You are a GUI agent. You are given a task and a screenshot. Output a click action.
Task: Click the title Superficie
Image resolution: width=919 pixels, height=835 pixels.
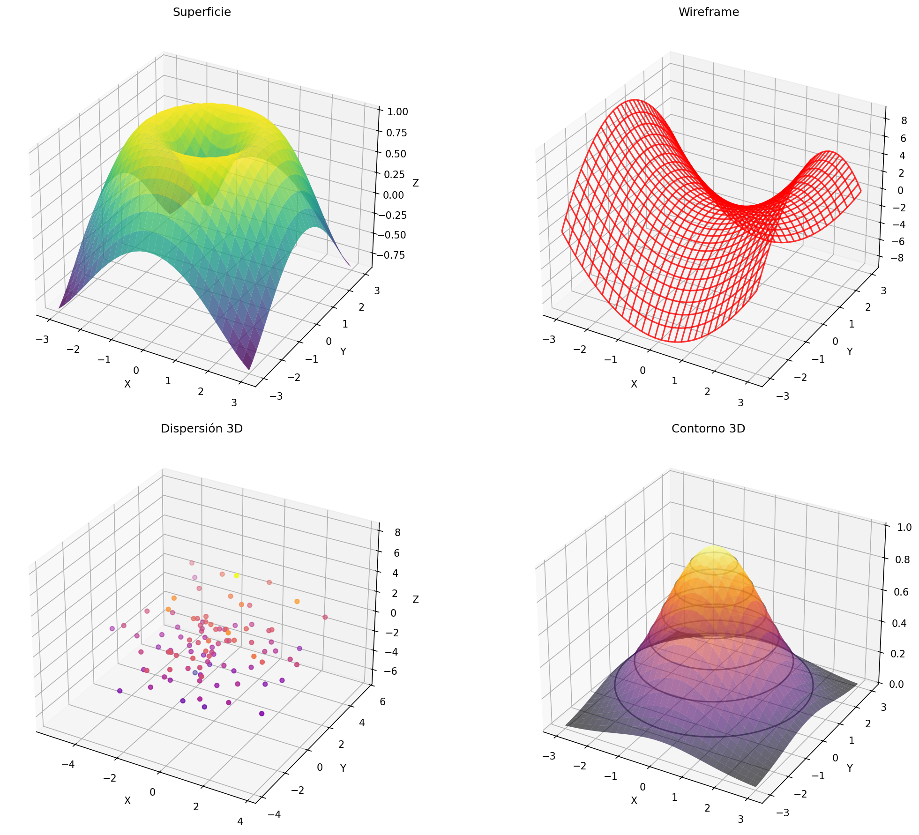coord(202,13)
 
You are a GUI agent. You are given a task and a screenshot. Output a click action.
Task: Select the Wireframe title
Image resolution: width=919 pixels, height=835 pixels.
coord(708,13)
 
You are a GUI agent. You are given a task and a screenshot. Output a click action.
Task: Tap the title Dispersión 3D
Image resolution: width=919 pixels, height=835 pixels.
coord(202,429)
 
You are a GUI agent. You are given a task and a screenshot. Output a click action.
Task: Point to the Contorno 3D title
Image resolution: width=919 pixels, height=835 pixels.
coord(708,429)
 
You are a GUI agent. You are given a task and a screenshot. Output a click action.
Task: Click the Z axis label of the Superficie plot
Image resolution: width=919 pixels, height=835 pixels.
coord(416,183)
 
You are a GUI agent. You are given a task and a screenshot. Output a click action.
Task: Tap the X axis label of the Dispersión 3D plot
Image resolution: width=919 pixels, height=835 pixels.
coord(127,800)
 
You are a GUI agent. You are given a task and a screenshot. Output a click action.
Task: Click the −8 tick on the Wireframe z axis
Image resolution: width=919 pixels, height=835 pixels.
coord(901,259)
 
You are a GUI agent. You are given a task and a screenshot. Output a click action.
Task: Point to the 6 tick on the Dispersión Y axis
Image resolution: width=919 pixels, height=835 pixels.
coord(383,702)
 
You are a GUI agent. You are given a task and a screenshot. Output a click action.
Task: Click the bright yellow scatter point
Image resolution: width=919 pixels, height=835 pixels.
coord(237,575)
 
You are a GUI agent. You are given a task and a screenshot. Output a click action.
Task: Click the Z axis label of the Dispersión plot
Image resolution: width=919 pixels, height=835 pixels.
coord(416,600)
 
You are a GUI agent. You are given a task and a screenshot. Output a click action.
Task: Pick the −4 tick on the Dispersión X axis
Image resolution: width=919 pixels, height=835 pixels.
coord(68,765)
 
